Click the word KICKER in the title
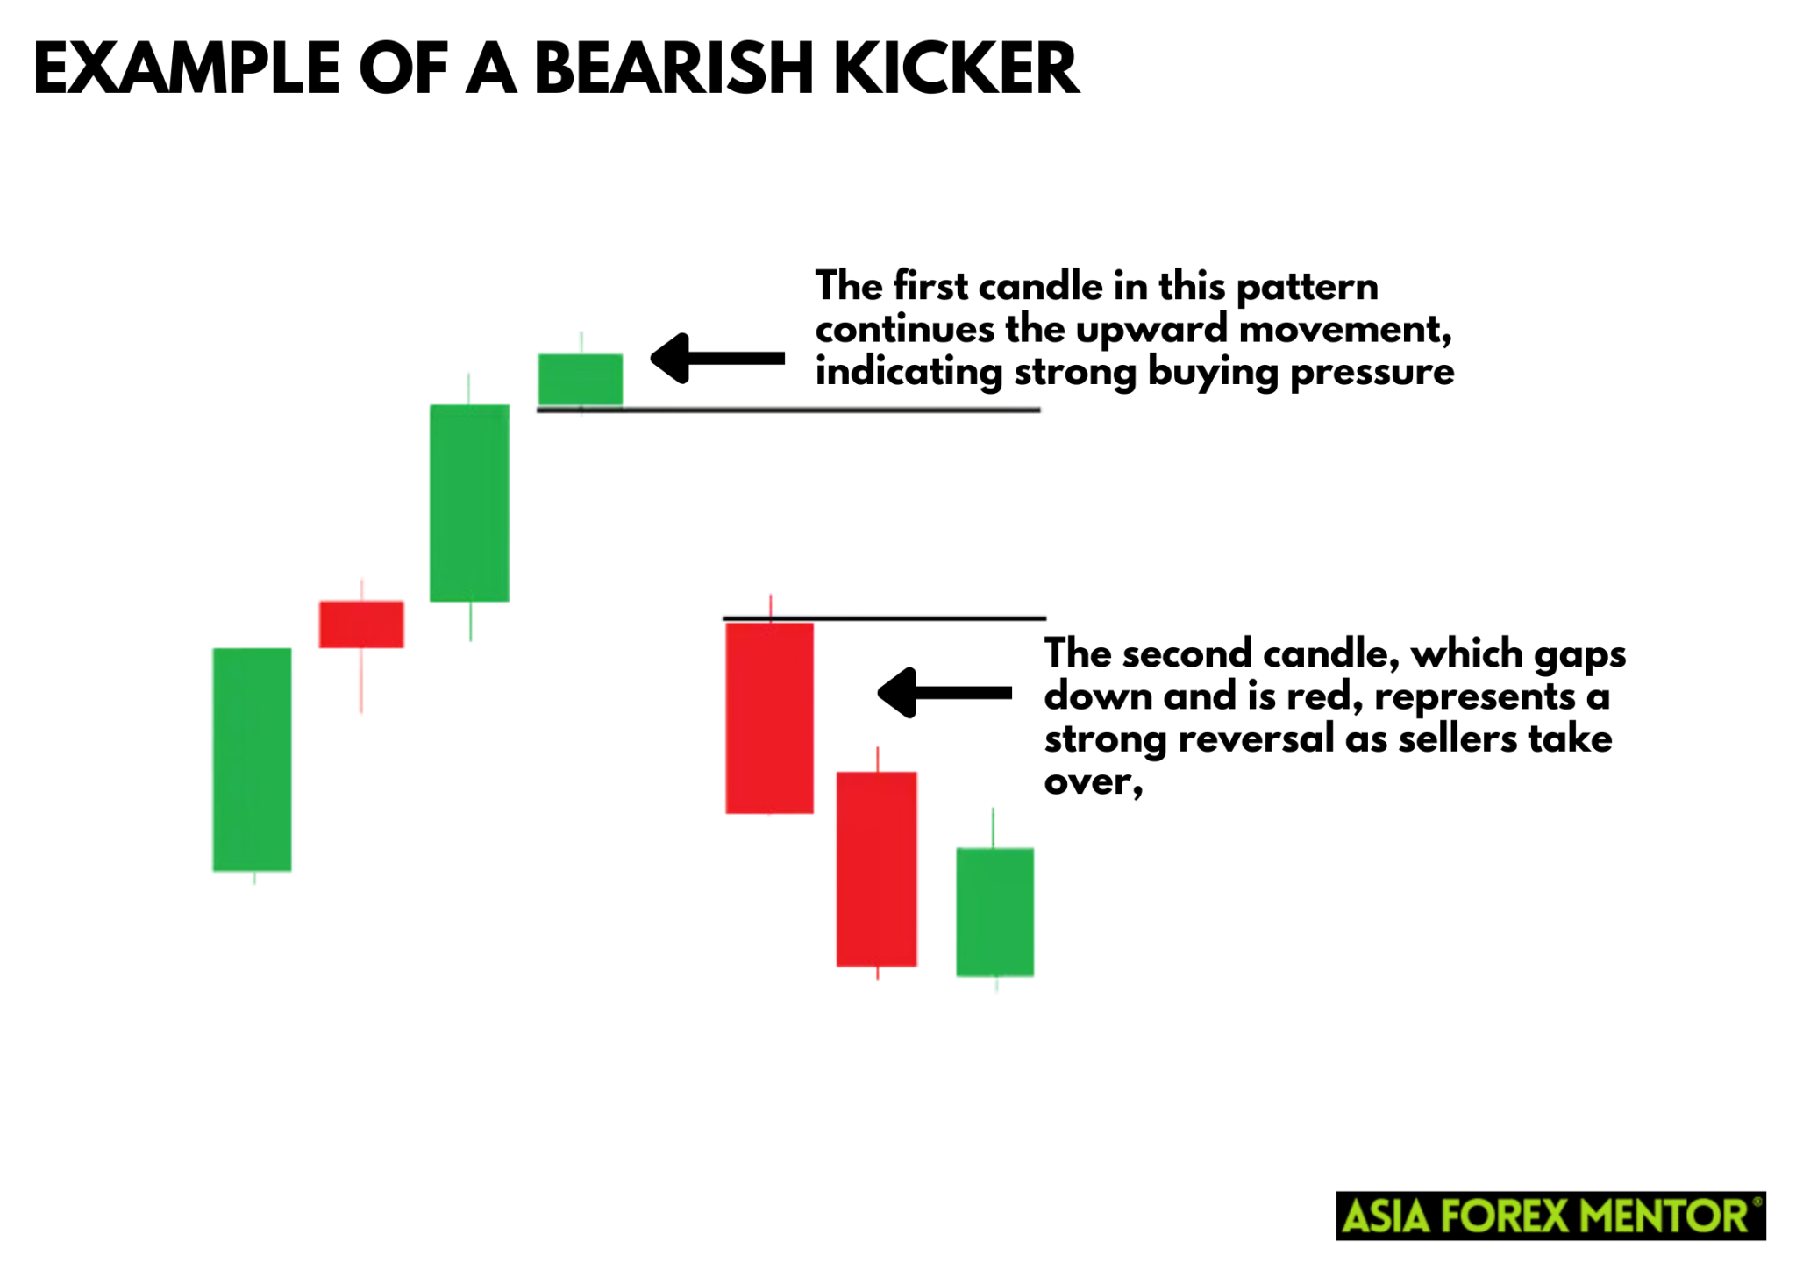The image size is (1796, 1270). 956,68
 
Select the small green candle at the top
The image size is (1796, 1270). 580,380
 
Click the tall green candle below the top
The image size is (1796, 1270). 469,503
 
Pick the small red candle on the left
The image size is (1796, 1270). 361,624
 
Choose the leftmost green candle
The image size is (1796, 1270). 252,759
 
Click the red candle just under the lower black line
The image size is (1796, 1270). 769,717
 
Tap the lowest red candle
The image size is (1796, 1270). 876,868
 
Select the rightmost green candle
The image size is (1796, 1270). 994,911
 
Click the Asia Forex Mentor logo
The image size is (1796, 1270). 1550,1216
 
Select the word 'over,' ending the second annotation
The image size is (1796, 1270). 1093,781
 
